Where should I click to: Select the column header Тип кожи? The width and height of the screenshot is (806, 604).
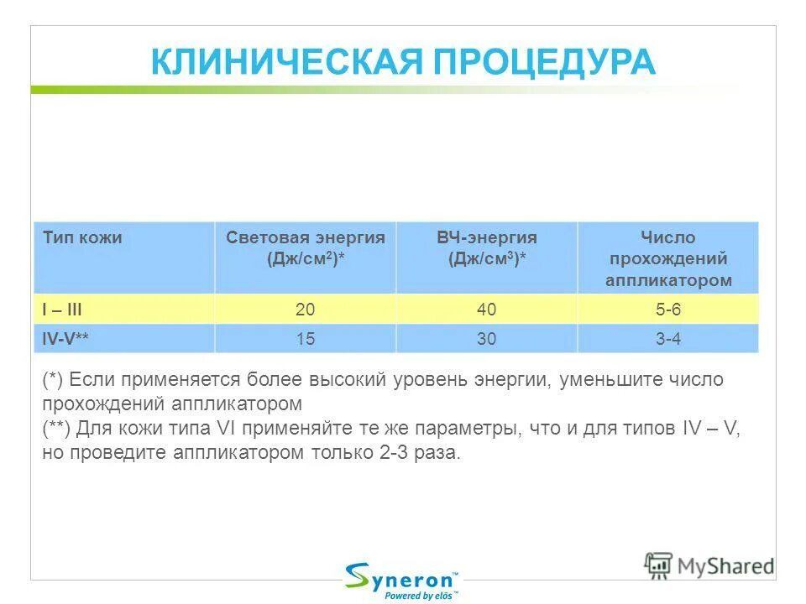(x=82, y=238)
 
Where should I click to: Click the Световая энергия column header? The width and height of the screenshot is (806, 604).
(x=306, y=248)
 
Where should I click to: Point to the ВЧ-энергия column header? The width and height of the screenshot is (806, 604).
(x=486, y=248)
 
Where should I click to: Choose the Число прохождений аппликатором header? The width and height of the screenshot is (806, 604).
(x=667, y=258)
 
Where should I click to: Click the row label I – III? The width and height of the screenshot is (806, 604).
(x=62, y=310)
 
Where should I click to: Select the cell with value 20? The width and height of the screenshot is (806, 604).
(x=306, y=310)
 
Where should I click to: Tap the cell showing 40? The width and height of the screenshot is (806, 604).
(x=486, y=310)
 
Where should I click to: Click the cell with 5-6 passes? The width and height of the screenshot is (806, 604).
(x=668, y=310)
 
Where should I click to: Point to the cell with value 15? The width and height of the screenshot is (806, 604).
(x=306, y=339)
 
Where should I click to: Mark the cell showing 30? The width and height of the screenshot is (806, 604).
(x=486, y=339)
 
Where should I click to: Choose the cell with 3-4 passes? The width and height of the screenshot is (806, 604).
(x=668, y=339)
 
